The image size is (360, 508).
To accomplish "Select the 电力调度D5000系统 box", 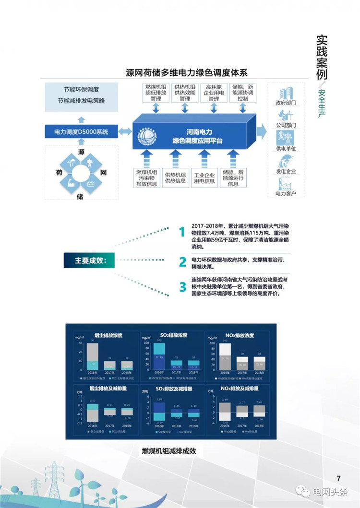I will pyautogui.click(x=81, y=131).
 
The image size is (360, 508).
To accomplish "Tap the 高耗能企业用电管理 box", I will pyautogui.click(x=213, y=92).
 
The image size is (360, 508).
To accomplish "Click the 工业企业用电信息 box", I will pyautogui.click(x=204, y=177).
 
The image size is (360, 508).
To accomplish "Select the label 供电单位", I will pyautogui.click(x=286, y=149).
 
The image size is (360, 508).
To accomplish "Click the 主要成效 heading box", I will pyautogui.click(x=89, y=260).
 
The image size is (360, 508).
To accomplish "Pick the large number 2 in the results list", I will pyautogui.click(x=182, y=261).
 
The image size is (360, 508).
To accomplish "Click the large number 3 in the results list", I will pyautogui.click(x=182, y=287).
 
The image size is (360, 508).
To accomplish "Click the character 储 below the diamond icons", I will pyautogui.click(x=80, y=196).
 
